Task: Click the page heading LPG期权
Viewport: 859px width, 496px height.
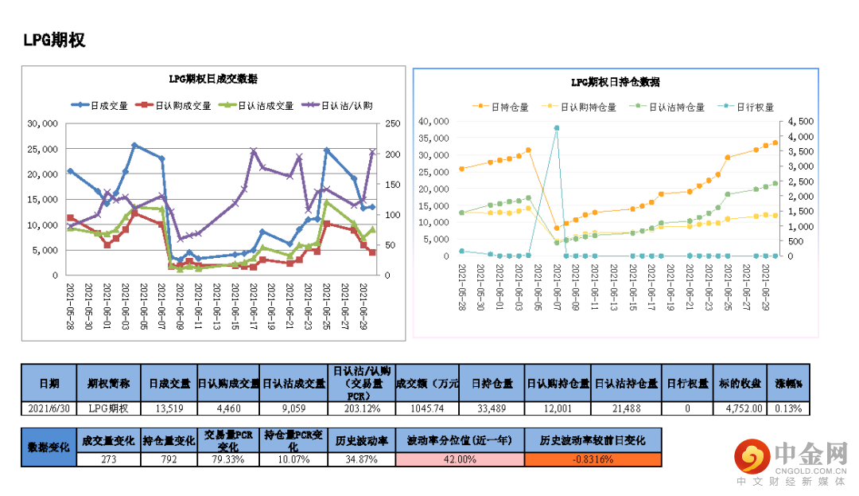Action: tap(54, 41)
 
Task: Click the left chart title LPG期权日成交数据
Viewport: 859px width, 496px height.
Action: tap(212, 79)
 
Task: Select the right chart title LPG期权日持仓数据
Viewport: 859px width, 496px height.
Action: tap(615, 82)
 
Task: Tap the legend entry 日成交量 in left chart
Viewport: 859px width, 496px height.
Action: tap(101, 105)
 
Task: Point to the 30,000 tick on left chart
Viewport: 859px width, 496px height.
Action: tap(42, 124)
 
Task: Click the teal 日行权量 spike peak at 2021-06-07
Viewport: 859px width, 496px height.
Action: tap(557, 127)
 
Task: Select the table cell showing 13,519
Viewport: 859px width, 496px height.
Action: tap(169, 408)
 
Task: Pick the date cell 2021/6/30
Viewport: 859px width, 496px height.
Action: tap(49, 408)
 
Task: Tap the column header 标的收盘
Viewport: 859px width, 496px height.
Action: tap(744, 383)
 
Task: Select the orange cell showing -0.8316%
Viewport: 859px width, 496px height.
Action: tap(593, 459)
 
